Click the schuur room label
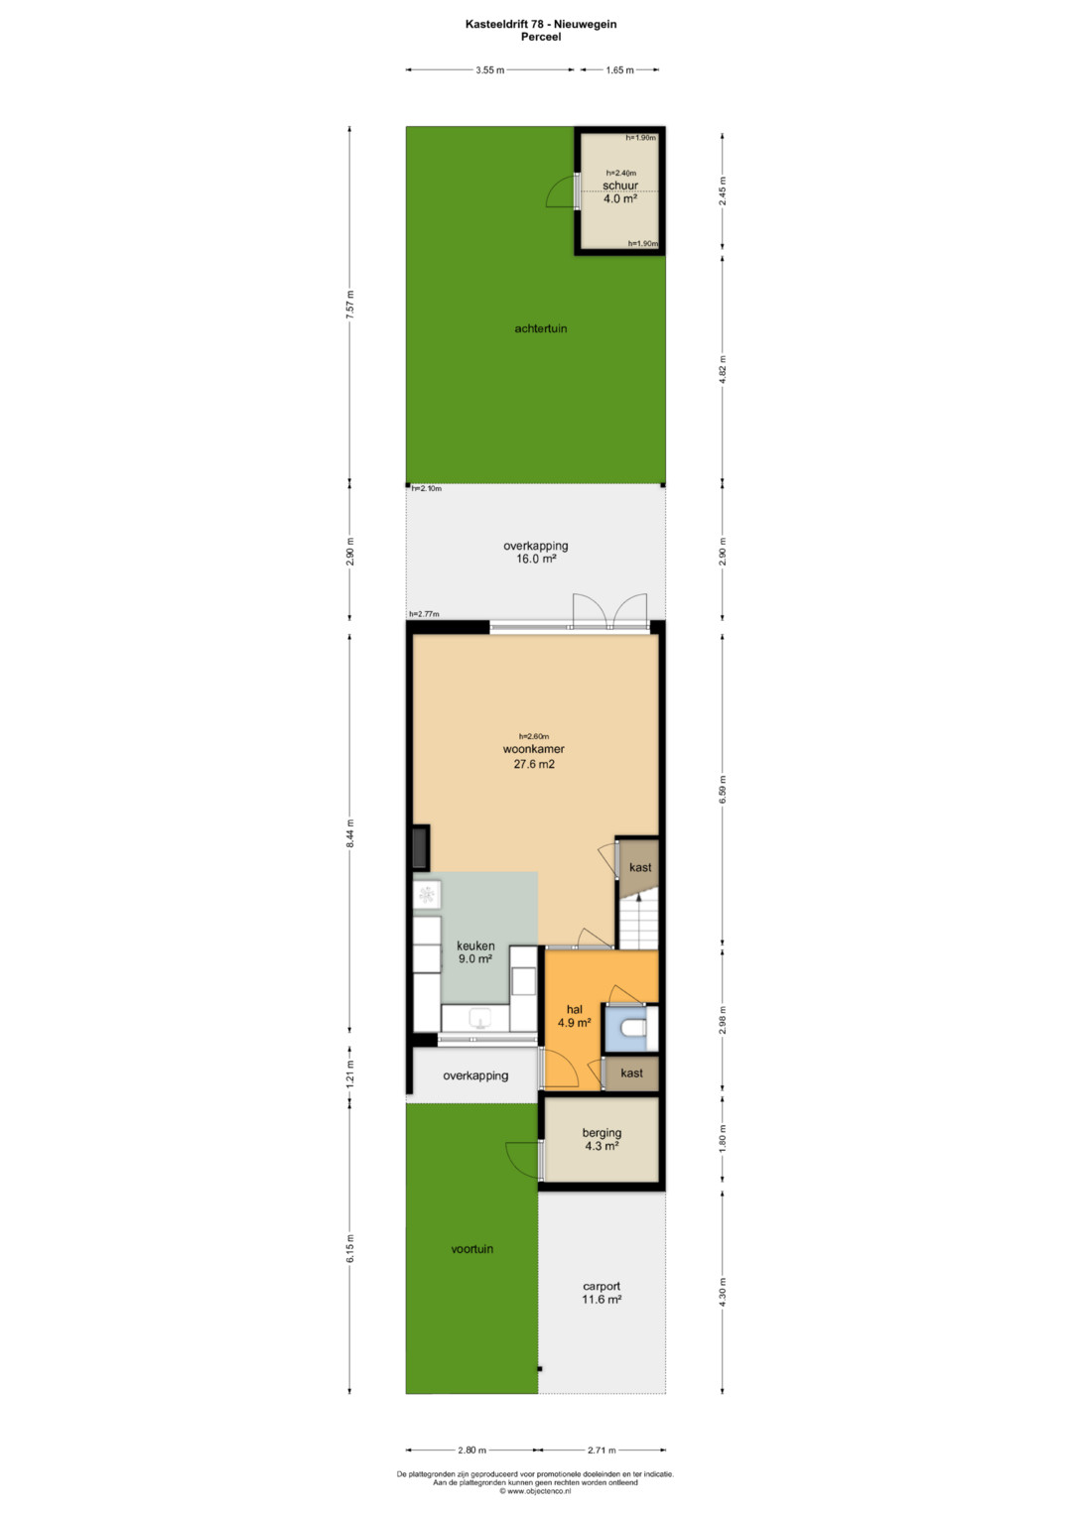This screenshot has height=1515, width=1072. pyautogui.click(x=620, y=186)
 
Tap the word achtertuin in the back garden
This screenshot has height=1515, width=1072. pyautogui.click(x=541, y=328)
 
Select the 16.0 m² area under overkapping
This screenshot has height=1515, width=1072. pyautogui.click(x=536, y=560)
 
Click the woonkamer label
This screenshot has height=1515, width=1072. pyautogui.click(x=533, y=749)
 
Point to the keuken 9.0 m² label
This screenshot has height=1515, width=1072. pyautogui.click(x=475, y=952)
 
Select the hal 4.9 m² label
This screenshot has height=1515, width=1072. pyautogui.click(x=574, y=1017)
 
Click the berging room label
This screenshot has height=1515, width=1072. pyautogui.click(x=602, y=1133)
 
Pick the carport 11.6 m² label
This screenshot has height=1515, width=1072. pyautogui.click(x=602, y=1293)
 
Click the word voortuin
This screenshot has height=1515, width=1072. pyautogui.click(x=471, y=1249)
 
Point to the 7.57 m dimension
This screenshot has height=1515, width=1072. pyautogui.click(x=349, y=305)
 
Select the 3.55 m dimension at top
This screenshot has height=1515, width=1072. pyautogui.click(x=490, y=69)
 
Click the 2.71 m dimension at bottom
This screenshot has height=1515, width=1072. pyautogui.click(x=602, y=1451)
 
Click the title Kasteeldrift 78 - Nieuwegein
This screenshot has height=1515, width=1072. pyautogui.click(x=541, y=25)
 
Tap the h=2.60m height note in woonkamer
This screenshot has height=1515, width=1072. pyautogui.click(x=533, y=736)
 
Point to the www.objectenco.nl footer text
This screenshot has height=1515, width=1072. pyautogui.click(x=535, y=1490)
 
